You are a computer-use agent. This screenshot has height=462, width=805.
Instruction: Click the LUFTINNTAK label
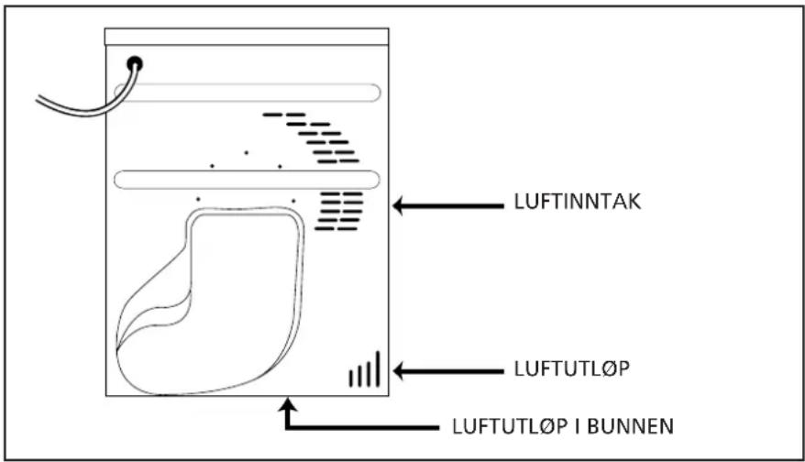(x=578, y=202)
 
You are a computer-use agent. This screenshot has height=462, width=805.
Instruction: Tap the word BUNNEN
(x=630, y=426)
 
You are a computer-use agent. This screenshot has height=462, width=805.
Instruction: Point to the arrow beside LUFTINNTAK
(x=448, y=206)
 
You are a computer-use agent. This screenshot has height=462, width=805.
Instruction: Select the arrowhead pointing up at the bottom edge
(x=288, y=404)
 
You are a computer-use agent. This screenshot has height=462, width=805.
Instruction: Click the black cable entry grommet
(x=135, y=63)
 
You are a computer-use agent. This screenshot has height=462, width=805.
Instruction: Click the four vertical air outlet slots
(x=365, y=369)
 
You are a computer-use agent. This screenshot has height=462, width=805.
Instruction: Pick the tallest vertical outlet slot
(x=378, y=369)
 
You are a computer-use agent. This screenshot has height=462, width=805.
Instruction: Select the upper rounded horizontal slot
(x=247, y=93)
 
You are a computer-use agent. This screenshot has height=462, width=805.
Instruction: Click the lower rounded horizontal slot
(x=247, y=180)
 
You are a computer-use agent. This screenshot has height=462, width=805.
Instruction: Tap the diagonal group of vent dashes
(x=311, y=137)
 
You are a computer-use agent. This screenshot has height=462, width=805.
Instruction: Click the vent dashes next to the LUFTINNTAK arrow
(x=339, y=211)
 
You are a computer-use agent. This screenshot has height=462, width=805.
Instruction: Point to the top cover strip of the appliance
(x=247, y=37)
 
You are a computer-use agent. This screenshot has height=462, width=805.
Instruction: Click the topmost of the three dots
(x=247, y=152)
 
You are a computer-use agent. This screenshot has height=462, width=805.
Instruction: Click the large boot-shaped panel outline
(x=211, y=301)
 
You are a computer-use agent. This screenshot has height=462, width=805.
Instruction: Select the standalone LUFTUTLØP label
(x=572, y=368)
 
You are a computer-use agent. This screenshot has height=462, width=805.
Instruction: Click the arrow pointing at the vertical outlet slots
(x=448, y=371)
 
